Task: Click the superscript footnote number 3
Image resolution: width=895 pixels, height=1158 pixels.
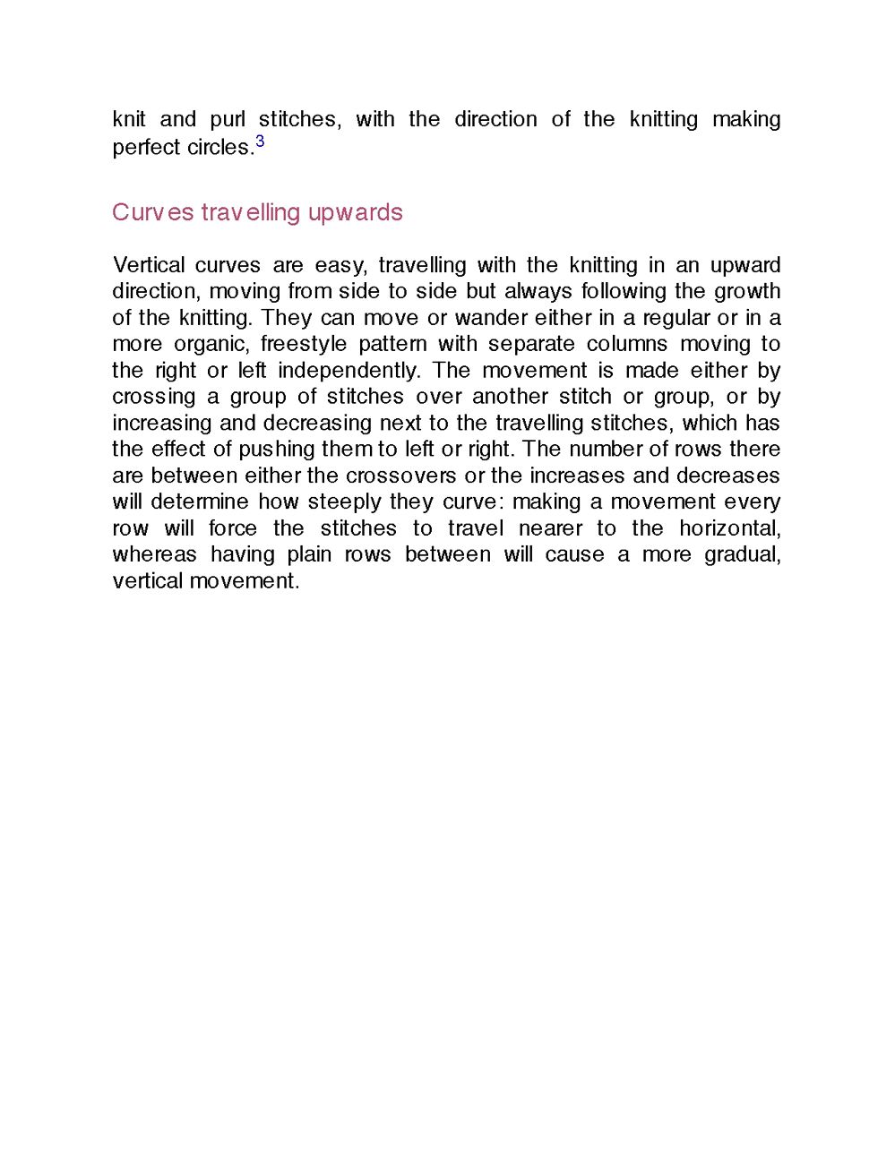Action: pos(260,142)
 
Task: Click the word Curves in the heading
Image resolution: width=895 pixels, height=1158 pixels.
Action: pos(152,212)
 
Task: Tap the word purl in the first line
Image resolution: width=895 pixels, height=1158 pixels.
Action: pos(228,119)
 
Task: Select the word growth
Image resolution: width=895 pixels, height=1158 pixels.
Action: pos(746,291)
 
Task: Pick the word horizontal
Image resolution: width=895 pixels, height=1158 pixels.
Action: pos(729,528)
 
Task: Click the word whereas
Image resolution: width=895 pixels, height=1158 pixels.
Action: pos(154,554)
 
